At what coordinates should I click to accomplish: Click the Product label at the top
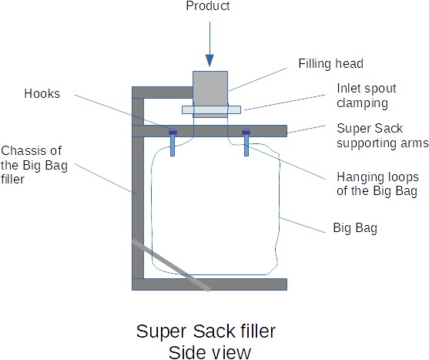pos(208,5)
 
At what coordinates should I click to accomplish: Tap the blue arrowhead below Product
pos(209,60)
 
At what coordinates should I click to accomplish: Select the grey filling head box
pos(210,94)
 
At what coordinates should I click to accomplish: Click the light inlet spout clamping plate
pos(212,109)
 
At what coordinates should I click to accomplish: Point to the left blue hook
pos(173,143)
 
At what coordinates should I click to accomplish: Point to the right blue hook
pos(246,143)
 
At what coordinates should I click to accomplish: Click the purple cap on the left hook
pos(173,133)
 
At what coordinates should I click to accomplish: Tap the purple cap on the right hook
pos(246,133)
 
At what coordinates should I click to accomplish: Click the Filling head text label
pos(330,63)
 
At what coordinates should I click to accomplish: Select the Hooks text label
pos(42,93)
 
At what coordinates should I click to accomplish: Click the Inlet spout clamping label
pos(367,96)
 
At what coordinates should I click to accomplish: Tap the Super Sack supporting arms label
pos(383,136)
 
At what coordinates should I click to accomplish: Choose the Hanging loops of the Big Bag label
pos(377,184)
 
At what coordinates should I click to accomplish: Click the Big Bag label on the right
pos(355,227)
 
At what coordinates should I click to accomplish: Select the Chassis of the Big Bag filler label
pos(34,165)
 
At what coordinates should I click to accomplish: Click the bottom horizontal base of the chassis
pos(209,284)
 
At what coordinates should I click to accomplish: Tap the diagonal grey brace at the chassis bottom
pos(171,266)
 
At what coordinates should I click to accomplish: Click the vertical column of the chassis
pos(138,188)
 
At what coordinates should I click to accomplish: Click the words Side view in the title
pos(209,352)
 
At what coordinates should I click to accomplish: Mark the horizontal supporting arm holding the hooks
pos(209,131)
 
